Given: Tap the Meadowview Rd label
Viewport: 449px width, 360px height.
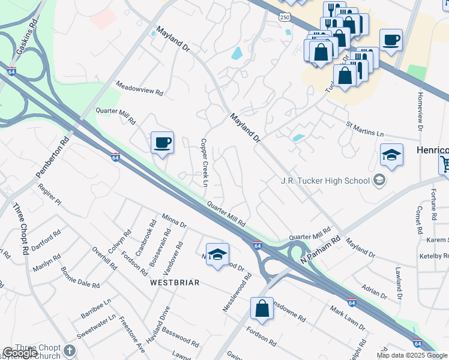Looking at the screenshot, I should pos(139,88).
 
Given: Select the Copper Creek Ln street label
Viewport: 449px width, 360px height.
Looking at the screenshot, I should pos(204,163).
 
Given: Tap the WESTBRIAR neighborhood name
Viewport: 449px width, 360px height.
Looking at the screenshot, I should pos(174,282).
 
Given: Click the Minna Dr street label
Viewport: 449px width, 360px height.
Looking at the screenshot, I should pos(174,220).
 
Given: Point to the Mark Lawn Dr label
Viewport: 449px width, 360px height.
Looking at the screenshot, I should pos(348,317).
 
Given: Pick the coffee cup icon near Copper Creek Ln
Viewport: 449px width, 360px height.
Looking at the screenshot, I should pos(162,143).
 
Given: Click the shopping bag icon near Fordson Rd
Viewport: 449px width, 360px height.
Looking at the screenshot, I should pos(262,309).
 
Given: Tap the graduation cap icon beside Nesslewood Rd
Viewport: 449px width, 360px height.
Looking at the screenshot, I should pos(218,254).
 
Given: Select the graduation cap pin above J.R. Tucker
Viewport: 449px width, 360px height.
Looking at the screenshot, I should pos(391,156).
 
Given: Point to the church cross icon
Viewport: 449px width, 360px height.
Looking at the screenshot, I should pos(70,350).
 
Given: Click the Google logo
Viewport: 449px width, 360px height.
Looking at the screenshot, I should pos(20,353).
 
